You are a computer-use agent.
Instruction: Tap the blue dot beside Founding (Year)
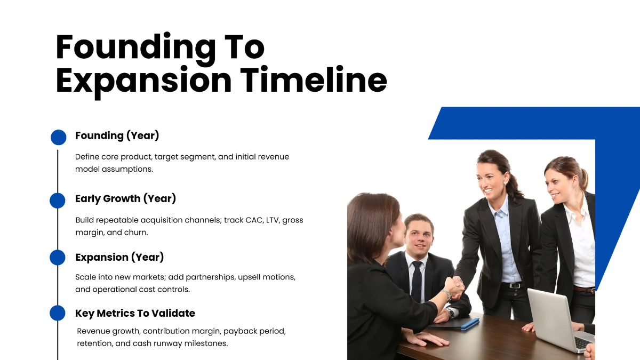(x=58, y=137)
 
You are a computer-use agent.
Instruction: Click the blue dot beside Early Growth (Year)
(x=58, y=201)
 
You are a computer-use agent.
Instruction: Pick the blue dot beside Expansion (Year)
(x=58, y=258)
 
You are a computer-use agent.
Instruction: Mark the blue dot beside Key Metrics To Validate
(x=58, y=313)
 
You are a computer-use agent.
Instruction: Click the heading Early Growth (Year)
(x=125, y=199)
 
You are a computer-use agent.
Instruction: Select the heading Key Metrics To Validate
(x=135, y=313)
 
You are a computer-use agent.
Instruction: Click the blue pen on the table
(x=469, y=323)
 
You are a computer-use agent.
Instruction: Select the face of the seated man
(x=418, y=235)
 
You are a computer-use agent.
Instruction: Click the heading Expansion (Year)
(x=119, y=257)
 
